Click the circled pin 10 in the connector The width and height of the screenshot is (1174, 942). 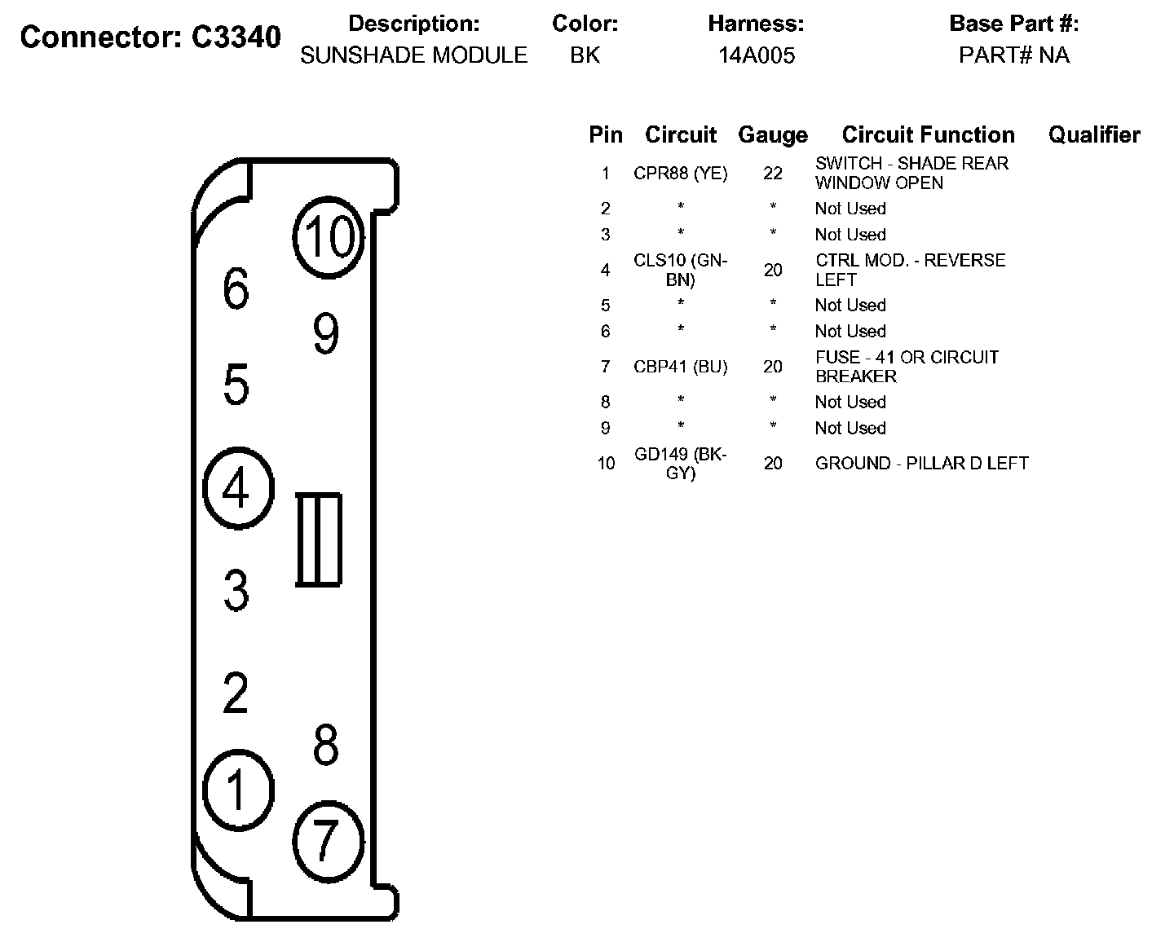(329, 236)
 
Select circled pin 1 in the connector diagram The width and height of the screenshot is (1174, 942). (237, 790)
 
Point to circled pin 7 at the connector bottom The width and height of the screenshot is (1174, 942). (326, 840)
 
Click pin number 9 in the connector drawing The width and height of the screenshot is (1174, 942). (325, 333)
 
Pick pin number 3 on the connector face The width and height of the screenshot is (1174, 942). (236, 591)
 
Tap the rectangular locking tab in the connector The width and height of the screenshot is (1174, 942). (318, 539)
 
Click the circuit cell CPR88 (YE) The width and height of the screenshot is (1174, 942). (680, 174)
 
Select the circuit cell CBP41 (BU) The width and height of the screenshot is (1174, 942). (680, 367)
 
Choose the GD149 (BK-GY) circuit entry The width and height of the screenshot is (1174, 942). (680, 463)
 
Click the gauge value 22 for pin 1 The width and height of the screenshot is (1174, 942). (772, 174)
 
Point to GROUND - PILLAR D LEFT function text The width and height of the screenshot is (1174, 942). (921, 463)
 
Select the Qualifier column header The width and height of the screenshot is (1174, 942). (1093, 134)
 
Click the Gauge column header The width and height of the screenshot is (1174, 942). (772, 134)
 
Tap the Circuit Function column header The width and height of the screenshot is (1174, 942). (928, 134)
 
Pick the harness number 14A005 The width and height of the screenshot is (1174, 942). (756, 55)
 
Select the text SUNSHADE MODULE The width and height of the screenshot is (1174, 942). (413, 55)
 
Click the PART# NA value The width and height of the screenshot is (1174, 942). (1013, 55)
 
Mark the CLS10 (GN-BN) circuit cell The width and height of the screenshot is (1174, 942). (680, 270)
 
